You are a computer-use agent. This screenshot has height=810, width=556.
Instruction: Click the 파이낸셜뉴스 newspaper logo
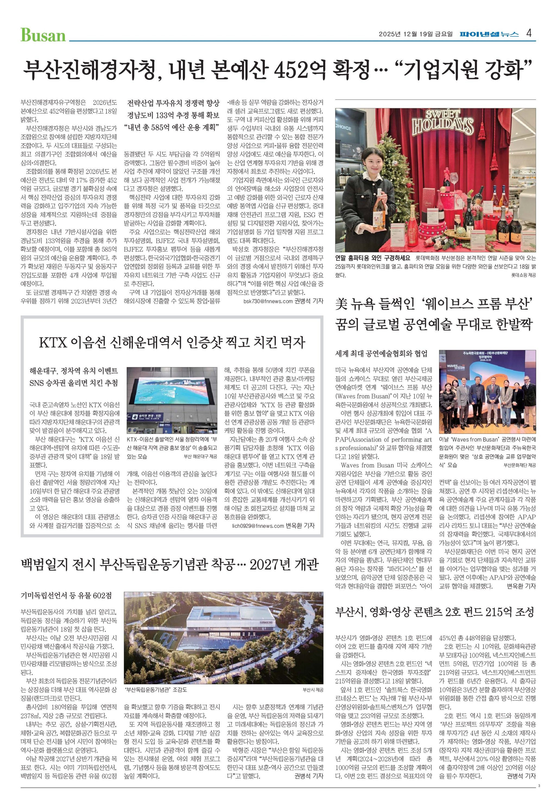(489, 34)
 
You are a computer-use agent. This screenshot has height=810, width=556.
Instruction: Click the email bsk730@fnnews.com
(268, 302)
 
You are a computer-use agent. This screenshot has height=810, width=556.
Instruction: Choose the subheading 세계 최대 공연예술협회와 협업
(381, 354)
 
